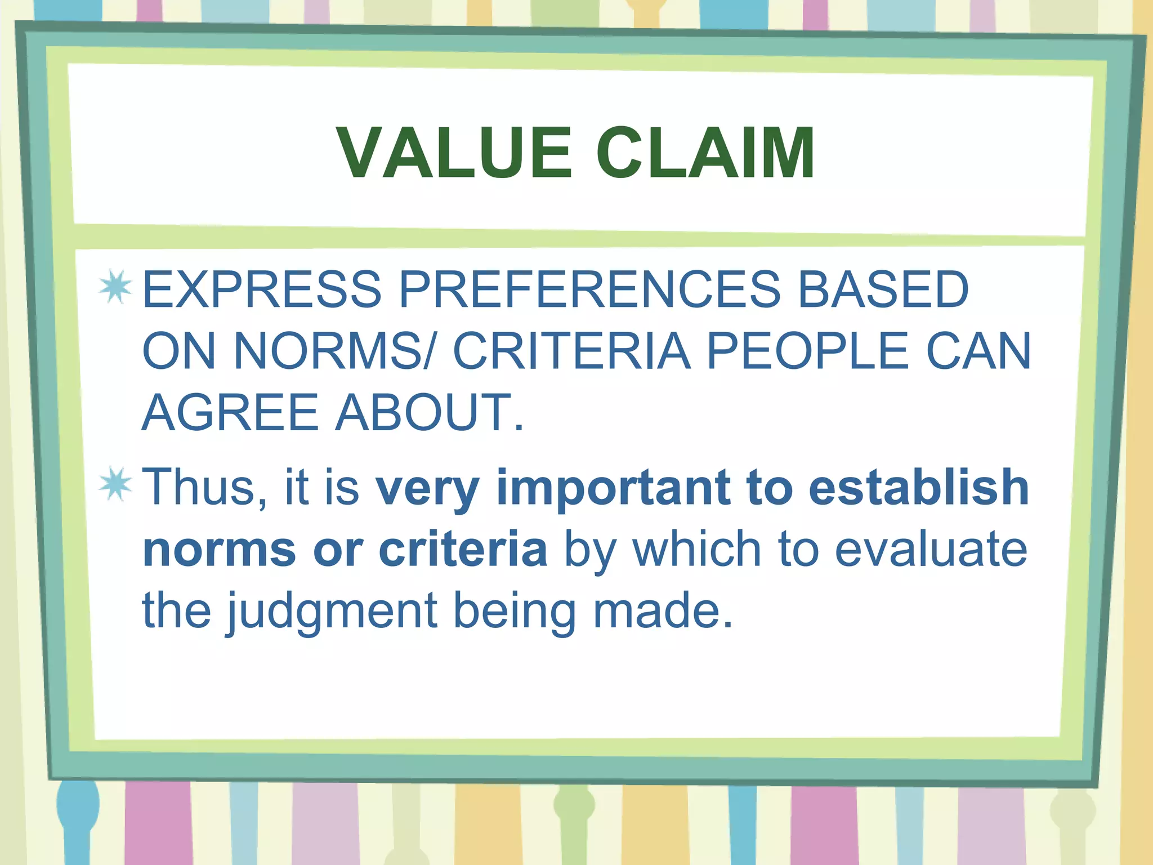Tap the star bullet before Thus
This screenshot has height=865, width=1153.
click(115, 484)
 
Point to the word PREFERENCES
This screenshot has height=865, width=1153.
click(589, 289)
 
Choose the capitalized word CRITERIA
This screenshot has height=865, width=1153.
click(571, 351)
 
